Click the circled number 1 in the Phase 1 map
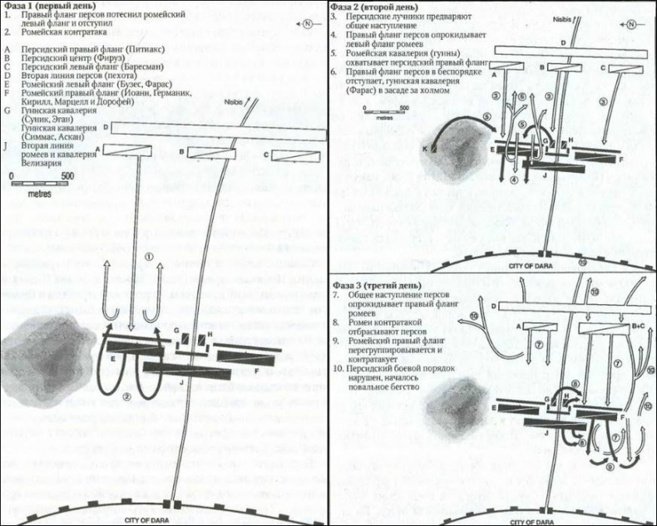coord(150,257)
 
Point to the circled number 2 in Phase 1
coord(127,396)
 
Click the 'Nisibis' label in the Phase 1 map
coord(237,101)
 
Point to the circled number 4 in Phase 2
coord(515,179)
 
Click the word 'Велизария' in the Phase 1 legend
coord(37,164)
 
